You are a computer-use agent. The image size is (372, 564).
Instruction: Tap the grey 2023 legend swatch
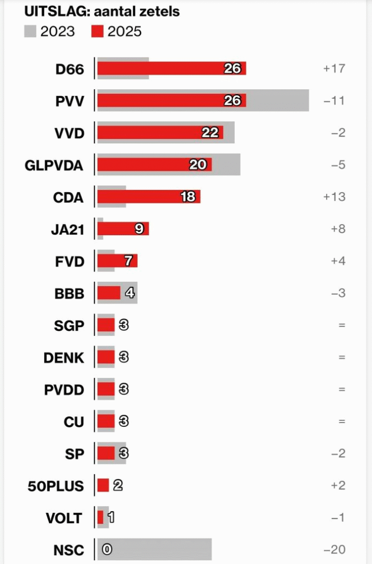(x=30, y=31)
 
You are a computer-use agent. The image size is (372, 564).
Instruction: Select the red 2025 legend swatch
(x=97, y=31)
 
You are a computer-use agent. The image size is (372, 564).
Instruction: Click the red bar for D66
(x=160, y=68)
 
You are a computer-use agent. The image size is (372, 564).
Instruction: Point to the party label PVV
(x=70, y=101)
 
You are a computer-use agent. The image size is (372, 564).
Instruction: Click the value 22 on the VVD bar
(x=210, y=132)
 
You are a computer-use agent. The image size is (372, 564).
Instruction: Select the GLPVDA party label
(x=55, y=165)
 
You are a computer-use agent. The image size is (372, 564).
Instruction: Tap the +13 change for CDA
(x=334, y=197)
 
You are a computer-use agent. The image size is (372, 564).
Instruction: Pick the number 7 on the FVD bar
(x=128, y=261)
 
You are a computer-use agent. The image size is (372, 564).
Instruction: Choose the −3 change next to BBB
(x=338, y=293)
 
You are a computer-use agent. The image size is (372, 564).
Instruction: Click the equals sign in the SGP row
(x=342, y=325)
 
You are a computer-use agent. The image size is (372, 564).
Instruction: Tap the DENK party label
(x=64, y=357)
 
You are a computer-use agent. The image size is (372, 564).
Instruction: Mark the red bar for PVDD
(x=106, y=389)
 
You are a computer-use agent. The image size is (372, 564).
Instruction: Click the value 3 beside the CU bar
(x=123, y=421)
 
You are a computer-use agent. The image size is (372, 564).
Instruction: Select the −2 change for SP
(x=338, y=453)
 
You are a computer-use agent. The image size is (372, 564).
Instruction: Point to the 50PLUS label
(x=56, y=486)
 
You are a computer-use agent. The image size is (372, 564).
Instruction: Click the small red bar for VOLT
(x=100, y=518)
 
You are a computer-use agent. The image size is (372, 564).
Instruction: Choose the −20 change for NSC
(x=334, y=549)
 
